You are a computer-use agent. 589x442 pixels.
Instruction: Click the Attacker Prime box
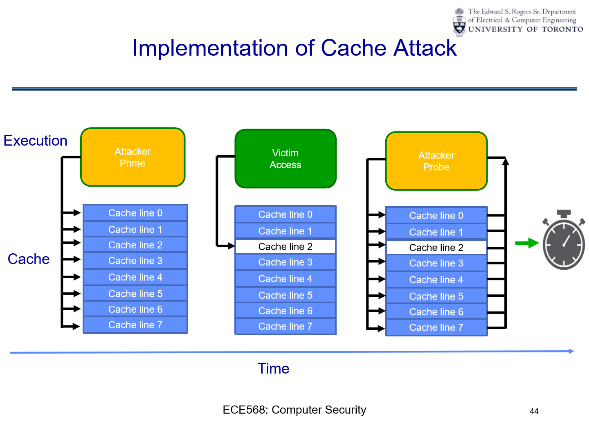coord(133,157)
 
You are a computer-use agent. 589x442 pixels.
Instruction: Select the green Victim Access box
coord(286,159)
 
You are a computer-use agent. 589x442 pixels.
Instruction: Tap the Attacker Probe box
coord(436,161)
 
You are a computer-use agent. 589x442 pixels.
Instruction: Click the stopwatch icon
coord(564,241)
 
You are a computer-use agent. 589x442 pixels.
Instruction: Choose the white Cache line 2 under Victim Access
coord(286,246)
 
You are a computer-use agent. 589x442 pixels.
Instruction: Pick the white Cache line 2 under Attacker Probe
coord(436,248)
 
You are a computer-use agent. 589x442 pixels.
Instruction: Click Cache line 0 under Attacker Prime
coord(135,213)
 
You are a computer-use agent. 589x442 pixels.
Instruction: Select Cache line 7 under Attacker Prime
coord(135,325)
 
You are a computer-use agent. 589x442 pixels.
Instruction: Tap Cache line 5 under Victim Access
coord(286,295)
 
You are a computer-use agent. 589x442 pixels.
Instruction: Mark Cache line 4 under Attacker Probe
coord(436,280)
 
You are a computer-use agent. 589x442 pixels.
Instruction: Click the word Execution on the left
coord(36,141)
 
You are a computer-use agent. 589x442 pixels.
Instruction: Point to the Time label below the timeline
coord(273,369)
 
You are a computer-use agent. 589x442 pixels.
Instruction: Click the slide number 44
coord(534,411)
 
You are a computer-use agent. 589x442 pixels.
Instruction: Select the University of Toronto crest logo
coord(460,21)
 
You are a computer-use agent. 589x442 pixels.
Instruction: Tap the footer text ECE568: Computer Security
coord(294,410)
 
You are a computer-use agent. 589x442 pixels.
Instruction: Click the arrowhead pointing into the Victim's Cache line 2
coord(231,246)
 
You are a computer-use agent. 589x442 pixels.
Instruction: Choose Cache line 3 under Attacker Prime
coord(135,261)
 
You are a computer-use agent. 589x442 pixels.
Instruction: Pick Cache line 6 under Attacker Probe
coord(436,312)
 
